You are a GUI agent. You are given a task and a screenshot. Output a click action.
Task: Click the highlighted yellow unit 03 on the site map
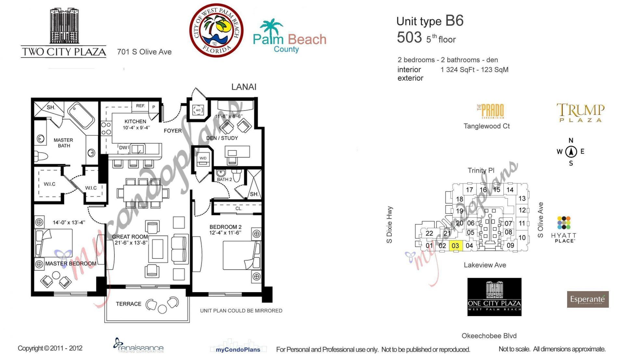pos(455,246)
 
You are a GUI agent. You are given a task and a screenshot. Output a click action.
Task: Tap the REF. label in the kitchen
pos(140,106)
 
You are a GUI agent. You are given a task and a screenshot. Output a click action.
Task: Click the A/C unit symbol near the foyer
pos(198,110)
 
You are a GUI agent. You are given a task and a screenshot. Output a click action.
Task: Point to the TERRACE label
pos(128,304)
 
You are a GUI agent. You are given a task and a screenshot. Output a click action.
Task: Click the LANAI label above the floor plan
pos(244,87)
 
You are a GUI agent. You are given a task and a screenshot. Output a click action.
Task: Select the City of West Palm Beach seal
pos(216,31)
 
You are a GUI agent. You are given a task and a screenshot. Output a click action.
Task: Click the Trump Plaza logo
pos(580,113)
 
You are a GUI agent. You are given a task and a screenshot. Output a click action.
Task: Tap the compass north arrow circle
pos(571,151)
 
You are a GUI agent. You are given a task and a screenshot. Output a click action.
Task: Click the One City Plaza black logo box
pos(494,297)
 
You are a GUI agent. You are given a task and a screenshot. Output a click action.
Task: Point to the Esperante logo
pos(588,299)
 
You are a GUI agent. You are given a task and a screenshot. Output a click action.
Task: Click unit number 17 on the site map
pos(469,190)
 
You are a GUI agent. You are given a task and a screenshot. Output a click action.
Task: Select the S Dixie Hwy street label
pos(389,225)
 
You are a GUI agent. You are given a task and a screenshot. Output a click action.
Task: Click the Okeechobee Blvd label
pos(489,336)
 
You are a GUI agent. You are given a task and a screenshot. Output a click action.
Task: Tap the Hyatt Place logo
pos(564,229)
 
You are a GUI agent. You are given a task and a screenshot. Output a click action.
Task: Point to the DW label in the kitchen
pos(123,148)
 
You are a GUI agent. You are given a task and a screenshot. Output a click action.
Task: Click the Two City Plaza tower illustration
pos(64,26)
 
